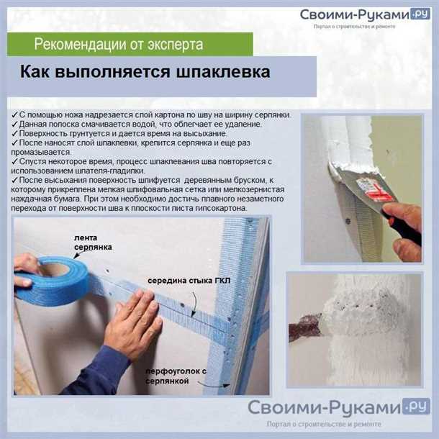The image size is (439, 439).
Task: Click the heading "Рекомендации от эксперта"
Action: click(119, 45)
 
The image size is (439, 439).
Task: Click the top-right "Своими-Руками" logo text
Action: click(353, 15)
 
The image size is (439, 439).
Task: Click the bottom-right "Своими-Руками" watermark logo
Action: click(325, 408)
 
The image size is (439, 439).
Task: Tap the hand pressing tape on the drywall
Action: click(134, 324)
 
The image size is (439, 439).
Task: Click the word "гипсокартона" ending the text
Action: click(215, 208)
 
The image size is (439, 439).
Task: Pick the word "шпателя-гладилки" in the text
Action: click(115, 171)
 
